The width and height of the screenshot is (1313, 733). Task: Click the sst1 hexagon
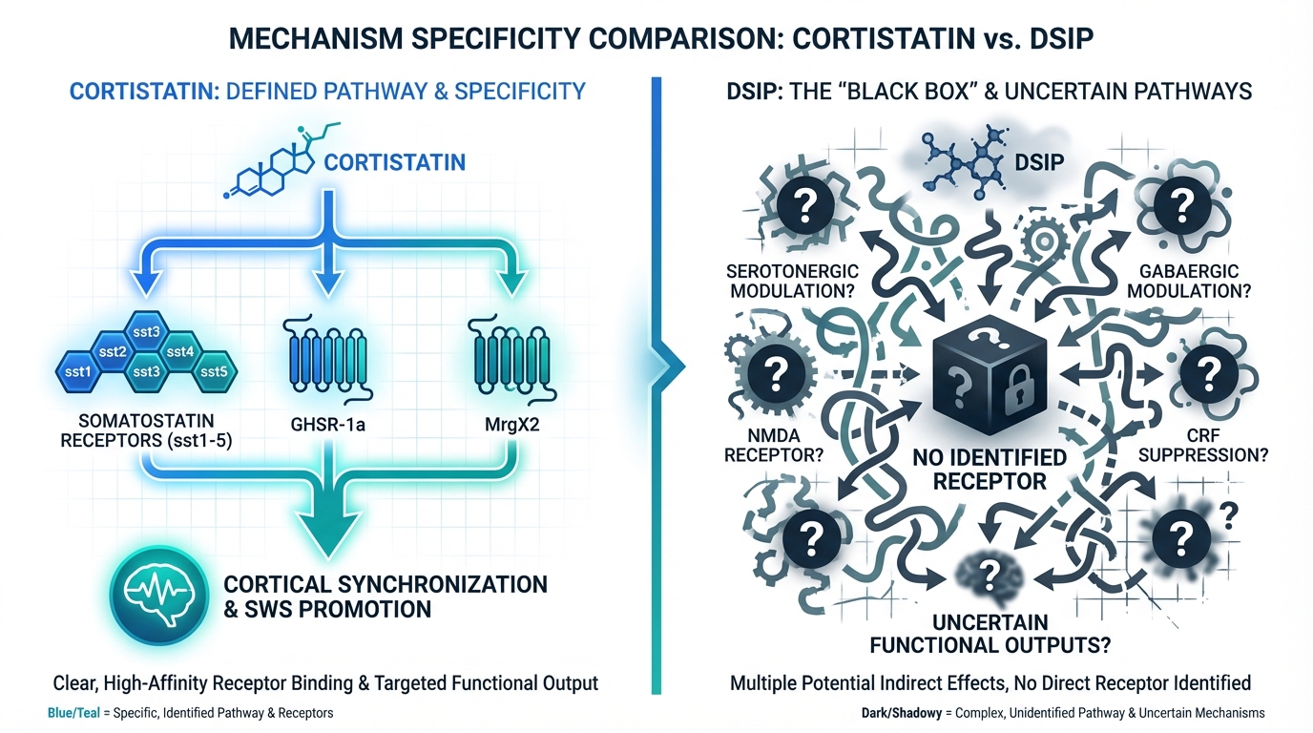point(76,370)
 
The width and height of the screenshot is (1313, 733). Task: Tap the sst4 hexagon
point(180,351)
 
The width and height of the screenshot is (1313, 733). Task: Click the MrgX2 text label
point(505,428)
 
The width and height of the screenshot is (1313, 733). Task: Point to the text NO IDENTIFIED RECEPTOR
point(990,468)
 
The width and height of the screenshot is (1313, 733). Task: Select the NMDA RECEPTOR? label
point(774,445)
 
